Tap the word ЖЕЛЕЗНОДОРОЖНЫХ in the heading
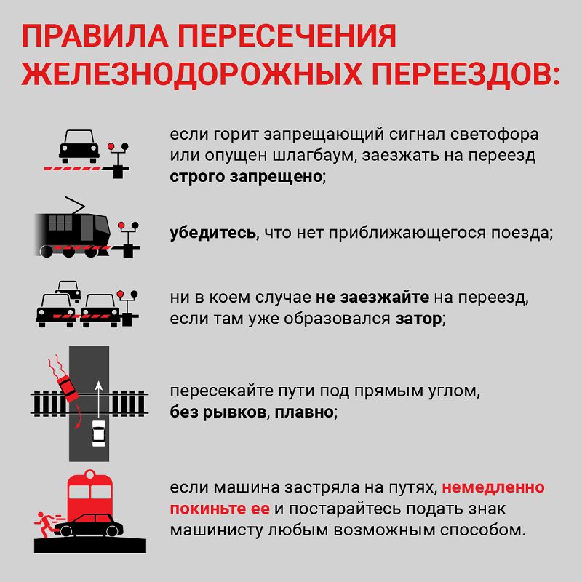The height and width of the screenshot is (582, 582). (x=191, y=74)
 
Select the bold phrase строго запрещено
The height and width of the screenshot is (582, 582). (x=246, y=177)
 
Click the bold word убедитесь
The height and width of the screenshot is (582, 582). (x=212, y=233)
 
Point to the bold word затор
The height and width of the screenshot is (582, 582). (x=418, y=319)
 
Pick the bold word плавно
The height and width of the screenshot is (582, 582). (x=303, y=412)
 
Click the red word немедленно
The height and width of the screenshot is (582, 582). (x=493, y=487)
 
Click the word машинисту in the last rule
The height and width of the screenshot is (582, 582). (x=216, y=530)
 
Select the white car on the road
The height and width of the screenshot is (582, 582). (x=98, y=434)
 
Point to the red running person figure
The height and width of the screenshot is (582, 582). (x=44, y=524)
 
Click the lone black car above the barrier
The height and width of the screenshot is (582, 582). (x=79, y=146)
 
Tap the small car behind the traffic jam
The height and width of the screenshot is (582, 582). (x=68, y=290)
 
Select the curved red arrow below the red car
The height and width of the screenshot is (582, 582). (x=78, y=416)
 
